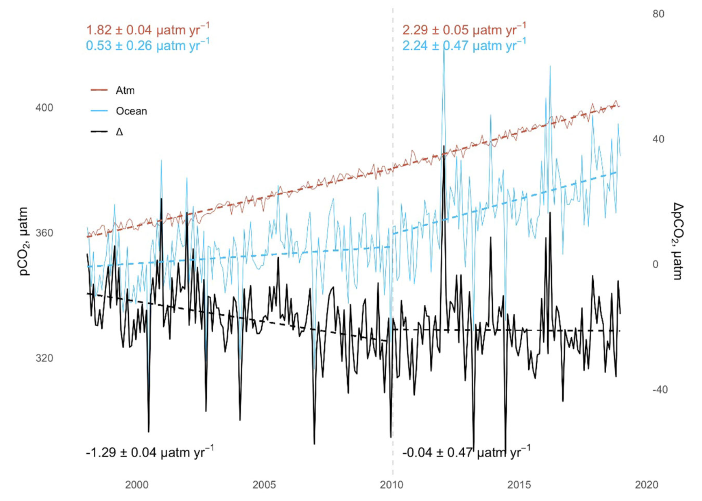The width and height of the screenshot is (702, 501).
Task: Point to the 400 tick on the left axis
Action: [x=44, y=108]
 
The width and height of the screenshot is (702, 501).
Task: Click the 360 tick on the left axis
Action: [x=44, y=233]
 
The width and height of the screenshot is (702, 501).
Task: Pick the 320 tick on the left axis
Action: [x=44, y=358]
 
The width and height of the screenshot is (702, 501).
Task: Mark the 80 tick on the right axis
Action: [x=658, y=14]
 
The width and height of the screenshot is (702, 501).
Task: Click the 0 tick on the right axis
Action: [x=655, y=265]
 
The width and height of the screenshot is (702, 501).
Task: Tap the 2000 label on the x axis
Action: [x=137, y=485]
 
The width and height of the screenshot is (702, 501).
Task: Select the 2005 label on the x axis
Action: [x=264, y=485]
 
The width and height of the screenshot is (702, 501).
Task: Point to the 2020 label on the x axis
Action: [x=646, y=485]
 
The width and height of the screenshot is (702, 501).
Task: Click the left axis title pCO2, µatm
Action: [x=24, y=241]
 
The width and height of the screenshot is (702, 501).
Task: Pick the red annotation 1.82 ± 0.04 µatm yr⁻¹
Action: [x=148, y=29]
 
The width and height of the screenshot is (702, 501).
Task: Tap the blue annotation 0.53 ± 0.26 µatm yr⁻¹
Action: [x=148, y=45]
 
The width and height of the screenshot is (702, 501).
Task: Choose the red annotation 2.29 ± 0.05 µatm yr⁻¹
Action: [x=464, y=29]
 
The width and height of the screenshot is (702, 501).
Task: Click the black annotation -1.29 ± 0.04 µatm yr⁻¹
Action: [x=150, y=452]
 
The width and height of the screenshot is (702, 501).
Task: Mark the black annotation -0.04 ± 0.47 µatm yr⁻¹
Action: [x=466, y=452]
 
